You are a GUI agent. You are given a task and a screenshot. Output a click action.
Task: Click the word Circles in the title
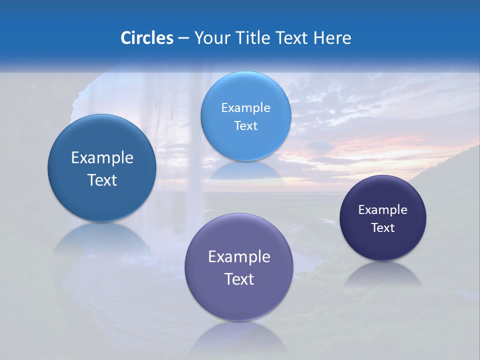coord(146,38)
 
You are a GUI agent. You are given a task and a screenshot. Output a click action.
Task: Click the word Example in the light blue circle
coord(245,107)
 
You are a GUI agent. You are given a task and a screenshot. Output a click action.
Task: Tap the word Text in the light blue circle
coord(245,125)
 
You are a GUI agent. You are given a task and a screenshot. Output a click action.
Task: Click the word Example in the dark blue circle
coord(102,157)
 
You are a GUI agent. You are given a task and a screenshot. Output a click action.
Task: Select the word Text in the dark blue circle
coord(102,180)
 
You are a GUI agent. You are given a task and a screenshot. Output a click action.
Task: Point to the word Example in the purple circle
coord(239,256)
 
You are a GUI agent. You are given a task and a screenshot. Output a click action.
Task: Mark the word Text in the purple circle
coord(239,279)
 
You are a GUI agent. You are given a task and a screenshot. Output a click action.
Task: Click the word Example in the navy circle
coord(383,209)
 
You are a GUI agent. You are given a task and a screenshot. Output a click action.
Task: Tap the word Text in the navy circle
coord(383,227)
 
